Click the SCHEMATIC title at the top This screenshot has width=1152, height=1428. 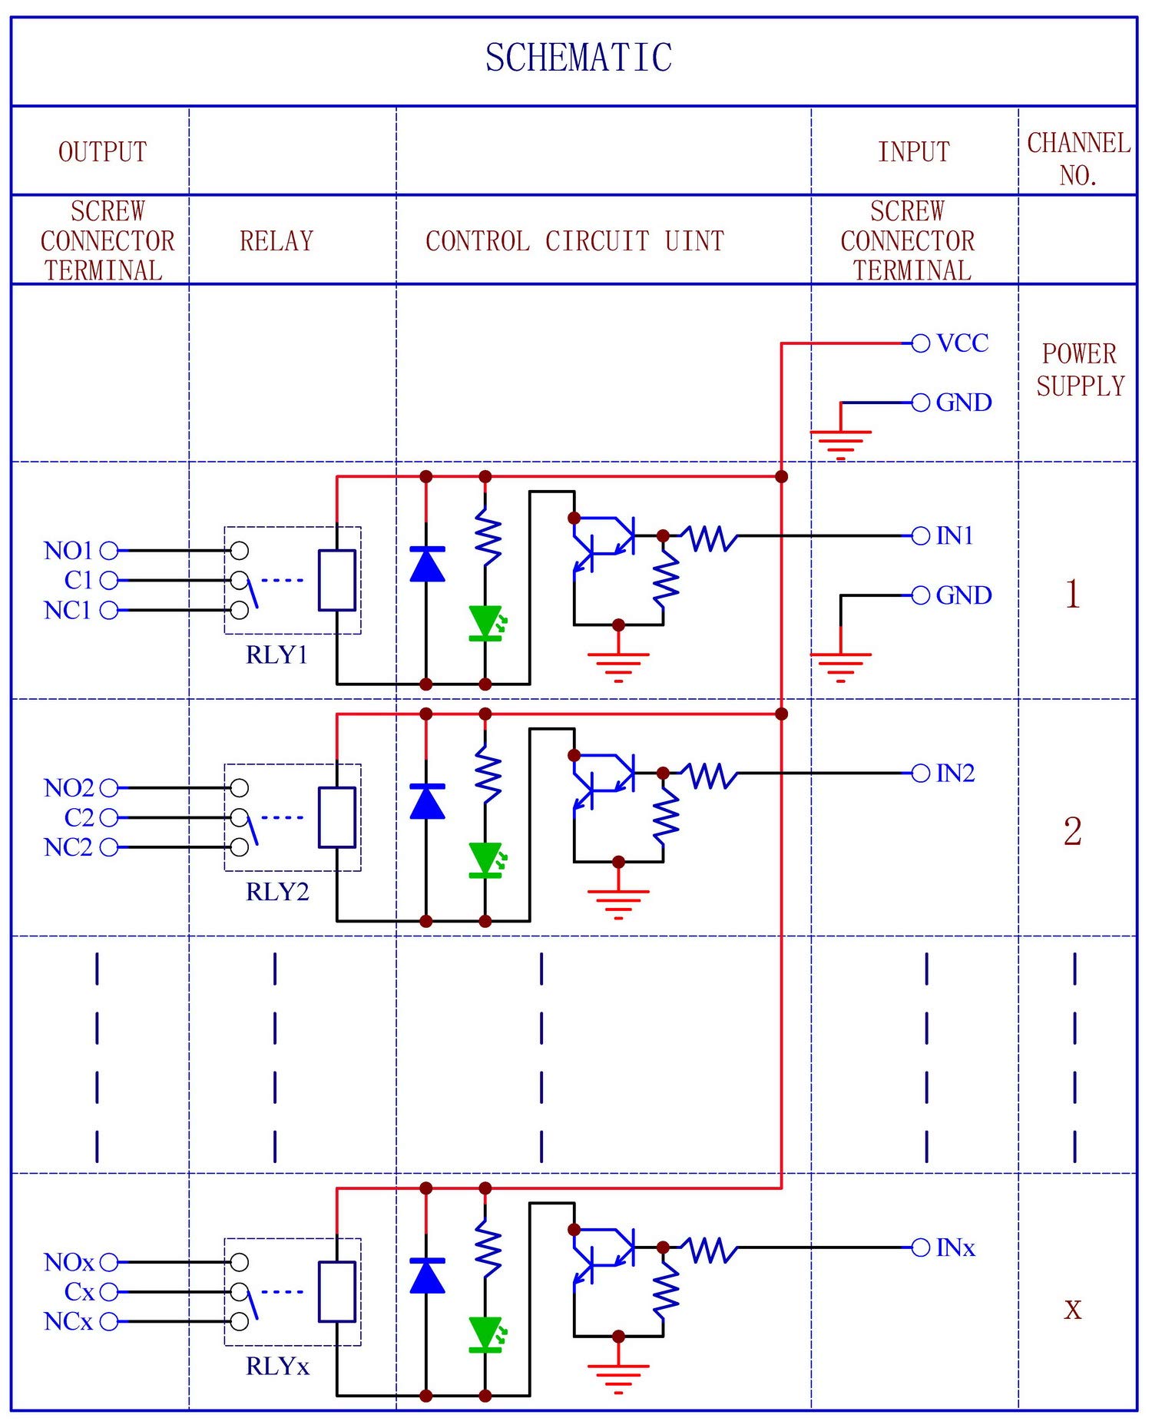tap(578, 58)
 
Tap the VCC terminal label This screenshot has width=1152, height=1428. tap(962, 343)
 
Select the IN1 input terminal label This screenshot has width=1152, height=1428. tap(955, 535)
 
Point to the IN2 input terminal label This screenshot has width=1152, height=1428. tap(955, 773)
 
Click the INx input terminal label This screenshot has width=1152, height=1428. tap(955, 1247)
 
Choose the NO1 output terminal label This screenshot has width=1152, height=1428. tap(68, 551)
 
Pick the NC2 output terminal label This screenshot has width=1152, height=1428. tap(68, 847)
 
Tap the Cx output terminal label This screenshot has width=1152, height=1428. tap(78, 1292)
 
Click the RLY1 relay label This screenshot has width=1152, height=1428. tap(276, 654)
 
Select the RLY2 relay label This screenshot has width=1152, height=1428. tap(276, 892)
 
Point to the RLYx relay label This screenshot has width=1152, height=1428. tap(276, 1367)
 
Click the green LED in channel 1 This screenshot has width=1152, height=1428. tap(485, 622)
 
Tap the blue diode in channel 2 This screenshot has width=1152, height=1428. tap(427, 801)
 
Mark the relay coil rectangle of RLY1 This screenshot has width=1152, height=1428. tap(337, 580)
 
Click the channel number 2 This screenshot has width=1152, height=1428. tap(1072, 831)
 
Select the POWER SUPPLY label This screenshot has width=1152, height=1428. tap(1079, 369)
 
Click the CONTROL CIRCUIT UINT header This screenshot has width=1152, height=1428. tap(574, 241)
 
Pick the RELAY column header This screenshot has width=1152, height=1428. tap(276, 241)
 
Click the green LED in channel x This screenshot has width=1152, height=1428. tap(485, 1334)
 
